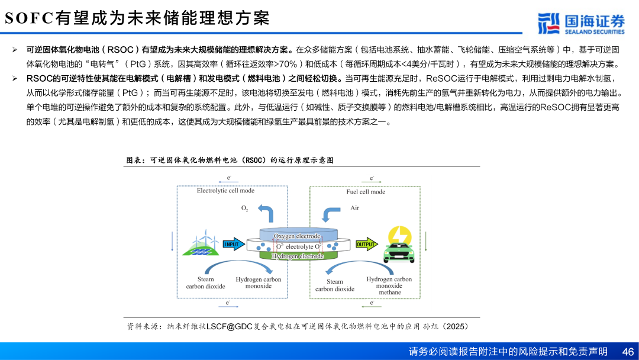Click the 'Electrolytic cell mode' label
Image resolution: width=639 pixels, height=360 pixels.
(x=225, y=191)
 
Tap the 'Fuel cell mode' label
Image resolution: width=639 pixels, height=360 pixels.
(x=366, y=192)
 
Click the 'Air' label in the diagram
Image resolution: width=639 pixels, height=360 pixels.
(x=354, y=208)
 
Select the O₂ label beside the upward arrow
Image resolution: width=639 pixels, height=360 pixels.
(x=245, y=208)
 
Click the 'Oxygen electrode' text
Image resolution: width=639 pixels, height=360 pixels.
(x=297, y=236)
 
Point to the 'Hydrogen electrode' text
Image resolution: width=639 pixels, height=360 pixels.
(x=298, y=256)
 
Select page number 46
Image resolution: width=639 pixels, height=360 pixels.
(x=628, y=351)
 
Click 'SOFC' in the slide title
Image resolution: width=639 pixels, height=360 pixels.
(x=29, y=18)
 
